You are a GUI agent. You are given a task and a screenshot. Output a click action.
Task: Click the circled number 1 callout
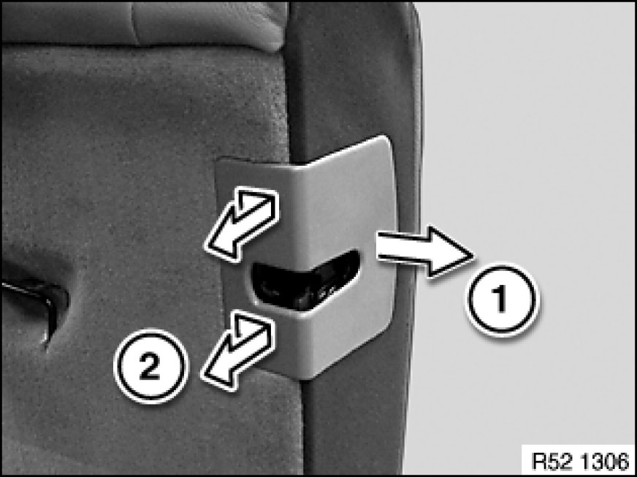pos(502,299)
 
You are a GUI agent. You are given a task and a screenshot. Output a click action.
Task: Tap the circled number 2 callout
pos(150,366)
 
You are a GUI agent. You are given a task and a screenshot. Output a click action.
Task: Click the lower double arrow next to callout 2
pos(237,350)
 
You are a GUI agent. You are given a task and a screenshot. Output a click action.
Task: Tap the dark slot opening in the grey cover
pos(304,283)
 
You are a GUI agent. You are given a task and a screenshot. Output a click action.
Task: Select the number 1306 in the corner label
pos(605,462)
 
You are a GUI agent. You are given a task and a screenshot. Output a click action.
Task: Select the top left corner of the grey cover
pos(218,160)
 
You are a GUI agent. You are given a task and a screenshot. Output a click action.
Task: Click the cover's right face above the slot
pos(346,199)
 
